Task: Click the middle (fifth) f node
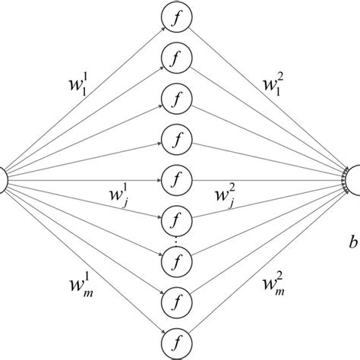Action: coord(176,180)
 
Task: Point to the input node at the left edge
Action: coord(3,180)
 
